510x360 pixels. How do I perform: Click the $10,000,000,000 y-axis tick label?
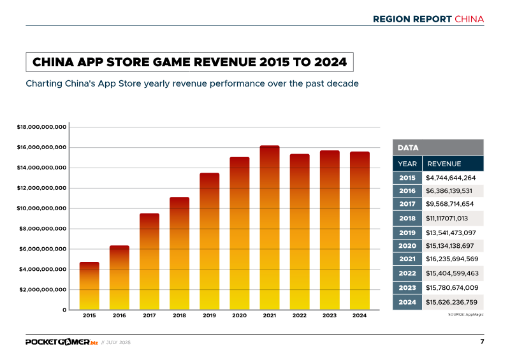pyautogui.click(x=41, y=208)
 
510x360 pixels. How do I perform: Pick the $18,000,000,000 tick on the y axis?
pyautogui.click(x=41, y=127)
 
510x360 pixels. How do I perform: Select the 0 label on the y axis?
pyautogui.click(x=64, y=310)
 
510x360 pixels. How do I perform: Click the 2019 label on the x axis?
pyautogui.click(x=209, y=315)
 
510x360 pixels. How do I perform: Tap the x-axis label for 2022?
pyautogui.click(x=299, y=315)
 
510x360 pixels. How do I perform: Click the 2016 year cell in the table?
pyautogui.click(x=407, y=191)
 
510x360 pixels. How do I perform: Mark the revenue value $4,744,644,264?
pyautogui.click(x=451, y=177)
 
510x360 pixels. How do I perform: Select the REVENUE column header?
pyautogui.click(x=444, y=164)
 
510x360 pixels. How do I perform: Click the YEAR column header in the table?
pyautogui.click(x=407, y=164)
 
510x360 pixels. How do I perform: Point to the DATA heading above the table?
pyautogui.click(x=408, y=148)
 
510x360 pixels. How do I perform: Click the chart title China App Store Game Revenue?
pyautogui.click(x=189, y=62)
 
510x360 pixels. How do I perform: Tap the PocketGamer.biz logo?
pyautogui.click(x=62, y=342)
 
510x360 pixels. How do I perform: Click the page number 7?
pyautogui.click(x=482, y=342)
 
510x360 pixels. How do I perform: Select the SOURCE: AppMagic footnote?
pyautogui.click(x=467, y=315)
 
